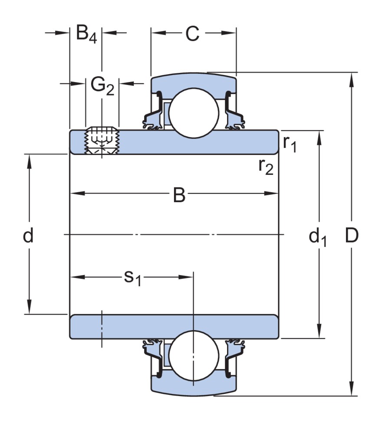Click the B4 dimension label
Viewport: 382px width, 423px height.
coord(86,34)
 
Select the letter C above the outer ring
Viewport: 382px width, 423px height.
coord(192,34)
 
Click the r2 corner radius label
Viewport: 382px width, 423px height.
coord(266,166)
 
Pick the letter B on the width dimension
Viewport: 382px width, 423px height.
coord(179,195)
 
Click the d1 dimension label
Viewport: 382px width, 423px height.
coord(318,237)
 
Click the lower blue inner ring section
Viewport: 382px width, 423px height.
coord(174,327)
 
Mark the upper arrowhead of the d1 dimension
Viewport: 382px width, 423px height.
coord(319,136)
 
